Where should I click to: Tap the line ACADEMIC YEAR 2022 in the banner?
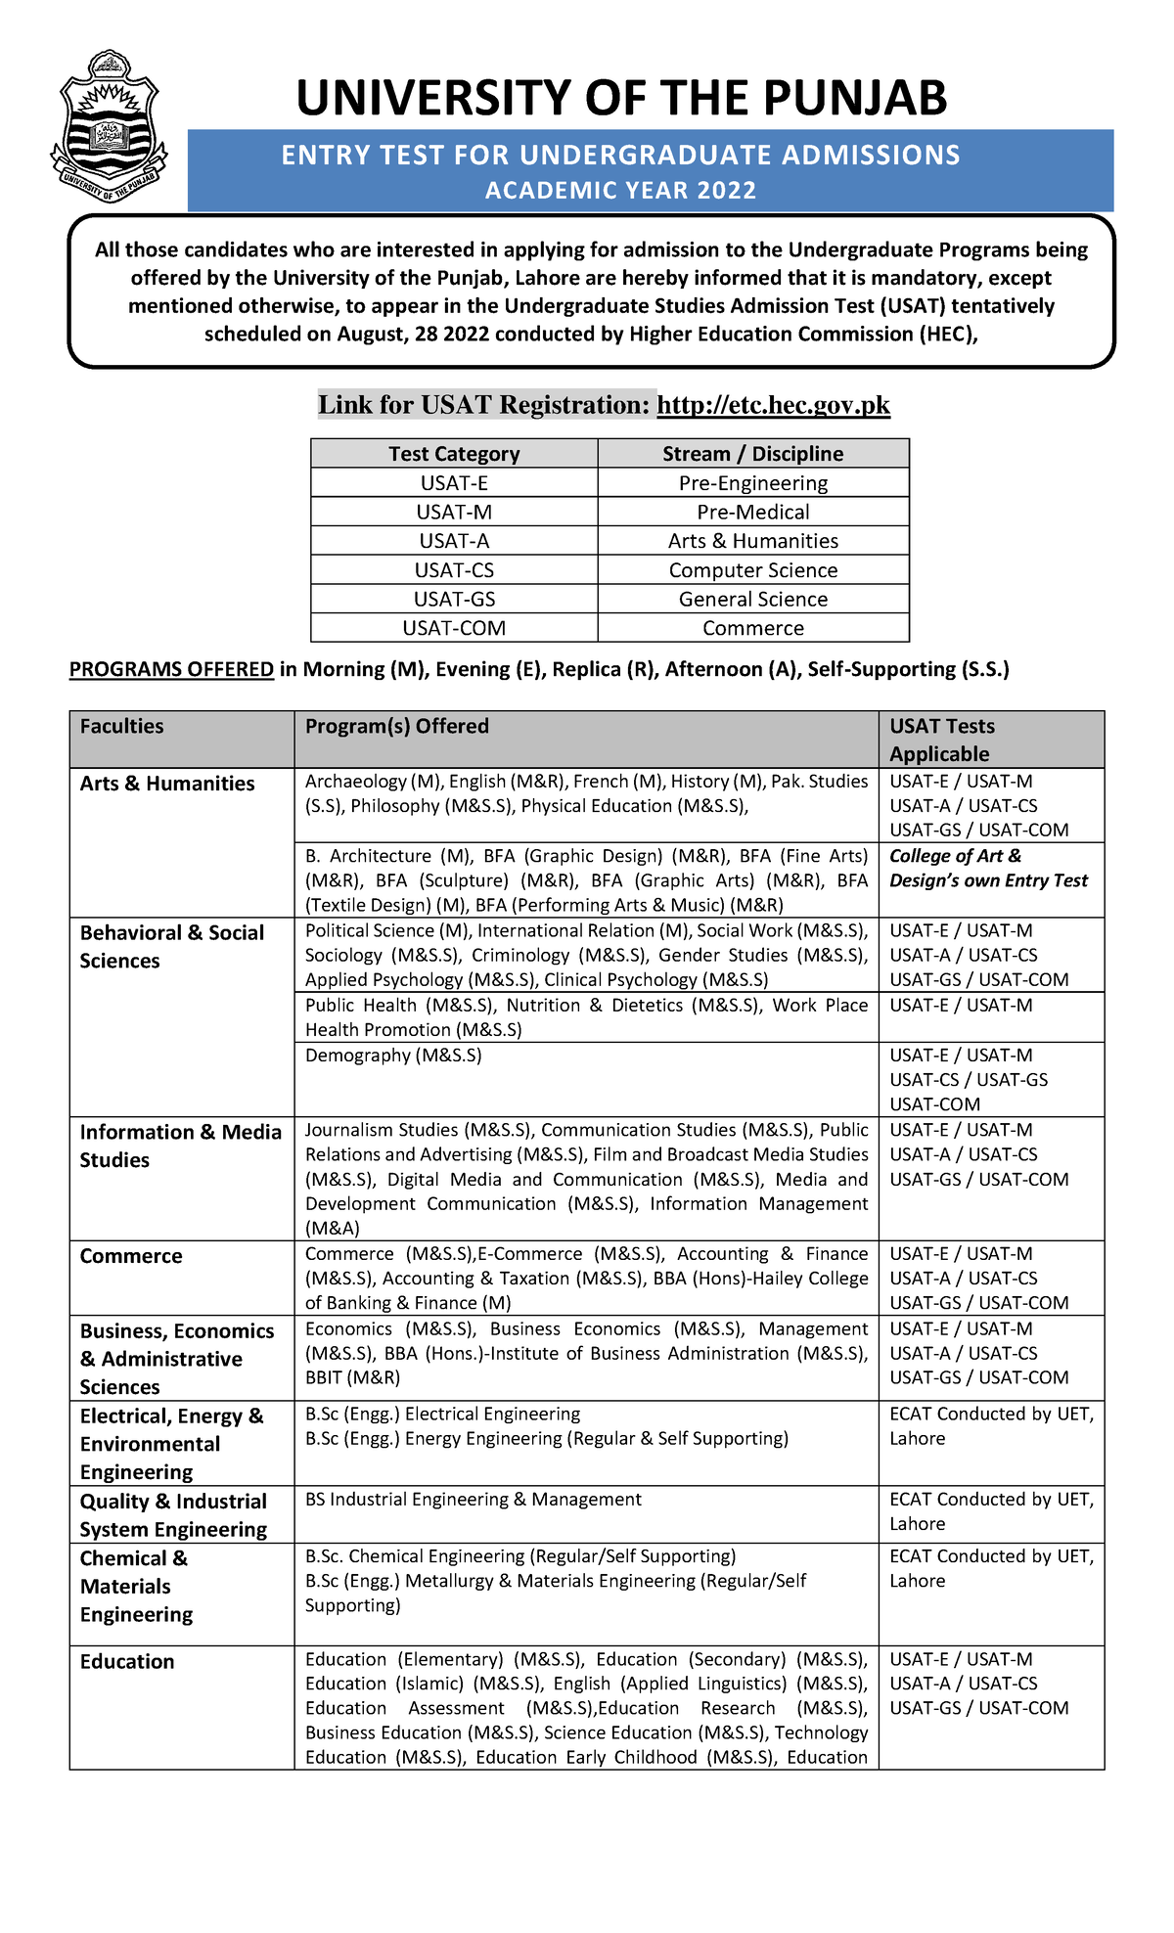(620, 191)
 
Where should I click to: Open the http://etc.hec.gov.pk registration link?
(773, 405)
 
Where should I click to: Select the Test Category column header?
(454, 454)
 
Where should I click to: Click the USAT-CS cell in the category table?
(454, 570)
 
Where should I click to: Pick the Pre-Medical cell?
(752, 512)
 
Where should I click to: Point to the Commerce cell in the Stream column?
(752, 628)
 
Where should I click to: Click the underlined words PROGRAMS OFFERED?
(171, 669)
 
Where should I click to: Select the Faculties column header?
(121, 727)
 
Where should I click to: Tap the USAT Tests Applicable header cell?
(941, 740)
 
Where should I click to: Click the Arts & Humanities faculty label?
(167, 784)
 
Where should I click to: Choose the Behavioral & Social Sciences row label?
(171, 946)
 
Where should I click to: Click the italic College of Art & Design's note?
(988, 868)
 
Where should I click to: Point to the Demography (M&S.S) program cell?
(393, 1056)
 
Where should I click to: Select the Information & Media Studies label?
(180, 1146)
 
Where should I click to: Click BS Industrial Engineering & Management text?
(474, 1500)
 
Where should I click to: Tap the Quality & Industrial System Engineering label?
(173, 1515)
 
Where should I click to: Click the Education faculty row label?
(127, 1662)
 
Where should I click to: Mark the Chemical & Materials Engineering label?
(136, 1587)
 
